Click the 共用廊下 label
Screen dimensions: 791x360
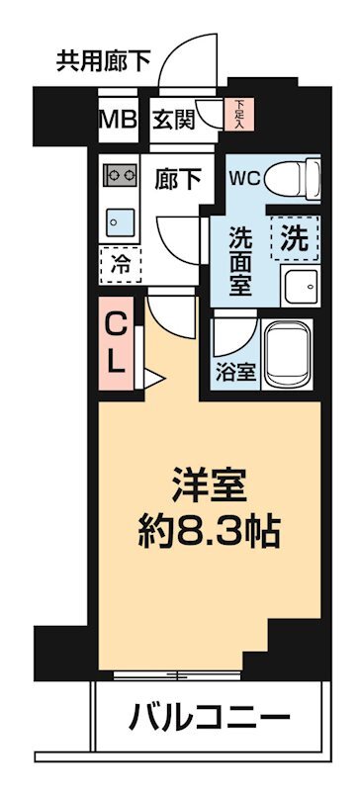pos(104,61)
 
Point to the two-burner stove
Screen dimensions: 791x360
pos(121,175)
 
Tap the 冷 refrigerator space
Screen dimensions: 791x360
pos(120,264)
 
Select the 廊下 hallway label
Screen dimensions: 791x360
pos(179,180)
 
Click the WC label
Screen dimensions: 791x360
pos(244,179)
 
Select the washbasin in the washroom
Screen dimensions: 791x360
pos(297,287)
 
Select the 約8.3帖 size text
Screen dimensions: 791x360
pos(209,535)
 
